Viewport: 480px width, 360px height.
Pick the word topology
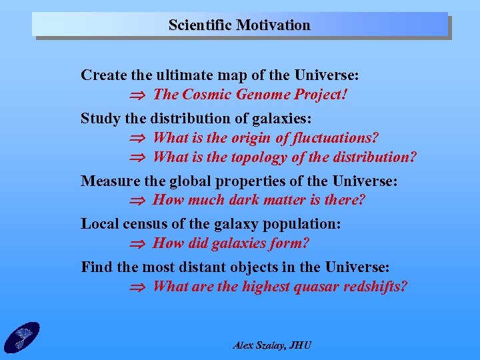[253, 157]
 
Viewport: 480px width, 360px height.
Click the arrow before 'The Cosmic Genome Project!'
[136, 95]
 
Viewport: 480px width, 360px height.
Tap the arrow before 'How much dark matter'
[136, 200]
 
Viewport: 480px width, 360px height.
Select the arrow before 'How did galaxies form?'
[136, 243]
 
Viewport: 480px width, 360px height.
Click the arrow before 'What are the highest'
[136, 287]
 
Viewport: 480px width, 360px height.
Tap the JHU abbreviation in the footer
[300, 345]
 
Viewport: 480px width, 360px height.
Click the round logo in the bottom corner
[21, 337]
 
